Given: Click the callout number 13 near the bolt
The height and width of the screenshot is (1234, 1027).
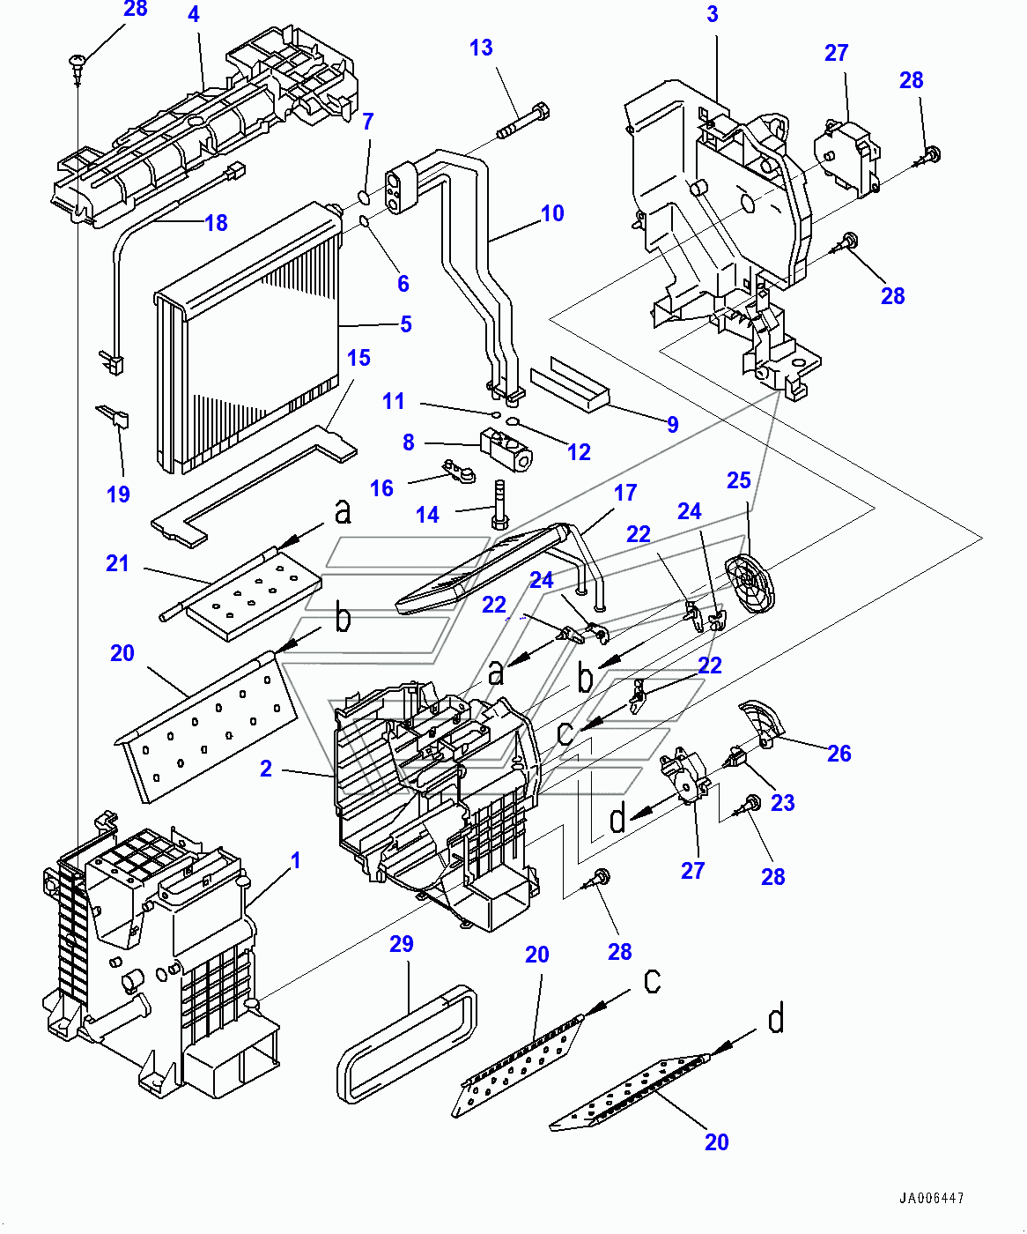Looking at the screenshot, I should point(481,48).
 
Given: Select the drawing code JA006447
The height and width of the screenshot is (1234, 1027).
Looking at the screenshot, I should point(931,1199).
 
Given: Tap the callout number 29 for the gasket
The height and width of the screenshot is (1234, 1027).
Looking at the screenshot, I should point(402,944).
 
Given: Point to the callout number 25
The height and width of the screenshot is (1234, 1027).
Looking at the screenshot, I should point(738,480).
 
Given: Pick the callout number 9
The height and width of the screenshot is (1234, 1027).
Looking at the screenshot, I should point(673,425).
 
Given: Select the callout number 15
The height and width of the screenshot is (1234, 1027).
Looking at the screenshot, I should point(358,358).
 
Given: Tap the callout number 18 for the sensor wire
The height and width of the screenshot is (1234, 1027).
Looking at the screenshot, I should point(217,223).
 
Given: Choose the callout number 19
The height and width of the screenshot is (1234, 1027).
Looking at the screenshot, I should point(118,494).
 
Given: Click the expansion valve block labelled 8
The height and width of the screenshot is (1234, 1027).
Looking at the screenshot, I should point(506,444).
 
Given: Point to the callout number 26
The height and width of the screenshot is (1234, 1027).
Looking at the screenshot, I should point(839,754).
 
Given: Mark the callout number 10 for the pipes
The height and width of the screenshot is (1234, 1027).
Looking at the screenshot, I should point(552,213).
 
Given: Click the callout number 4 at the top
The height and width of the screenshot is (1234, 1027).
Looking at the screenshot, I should point(194,14).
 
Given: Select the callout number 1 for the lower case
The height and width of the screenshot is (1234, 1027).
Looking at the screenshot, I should point(296,859).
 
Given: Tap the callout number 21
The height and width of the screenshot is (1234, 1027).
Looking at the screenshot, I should point(117,563).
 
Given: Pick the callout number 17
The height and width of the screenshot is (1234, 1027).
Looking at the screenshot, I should point(625,493).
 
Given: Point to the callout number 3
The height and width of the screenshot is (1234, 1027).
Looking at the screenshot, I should point(713,14).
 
